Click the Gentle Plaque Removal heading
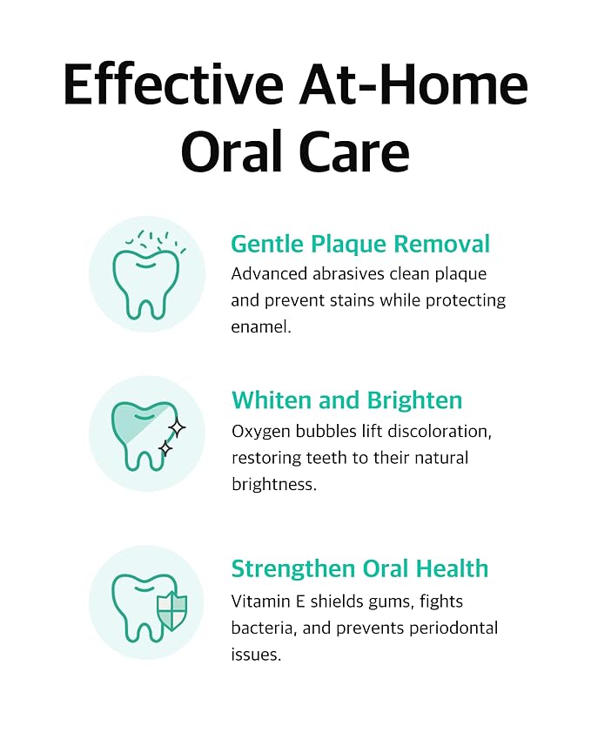tap(360, 243)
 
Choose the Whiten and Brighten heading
tap(346, 400)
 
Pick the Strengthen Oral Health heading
tap(359, 568)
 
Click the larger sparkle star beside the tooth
tap(177, 427)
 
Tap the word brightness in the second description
tap(274, 484)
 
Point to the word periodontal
tap(453, 628)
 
